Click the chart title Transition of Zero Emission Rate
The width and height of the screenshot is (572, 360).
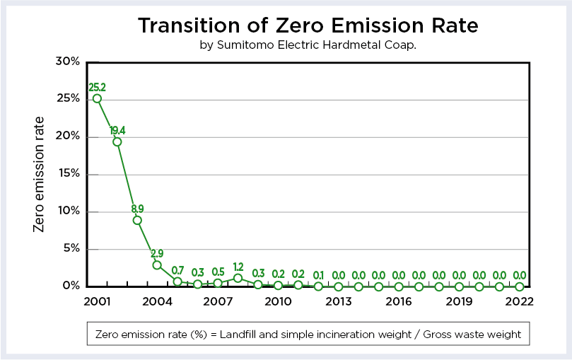[x=308, y=25]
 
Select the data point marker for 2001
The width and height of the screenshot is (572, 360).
[x=97, y=98]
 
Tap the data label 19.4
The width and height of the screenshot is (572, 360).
[x=117, y=131]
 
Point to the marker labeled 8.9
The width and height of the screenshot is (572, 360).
[x=137, y=220]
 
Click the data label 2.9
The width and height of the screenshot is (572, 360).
[x=157, y=253]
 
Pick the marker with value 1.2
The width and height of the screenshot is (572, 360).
[x=238, y=278]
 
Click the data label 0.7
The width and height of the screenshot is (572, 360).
[x=177, y=270]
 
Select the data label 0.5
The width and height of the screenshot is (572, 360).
[x=218, y=272]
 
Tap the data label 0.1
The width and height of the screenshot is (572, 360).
[x=318, y=275]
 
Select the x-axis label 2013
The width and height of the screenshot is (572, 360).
[x=339, y=301]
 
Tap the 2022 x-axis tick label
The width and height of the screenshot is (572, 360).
[x=519, y=301]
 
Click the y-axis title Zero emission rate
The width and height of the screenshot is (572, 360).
[x=40, y=173]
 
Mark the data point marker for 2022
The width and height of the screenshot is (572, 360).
[x=520, y=286]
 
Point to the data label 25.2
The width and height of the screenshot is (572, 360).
[x=97, y=88]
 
